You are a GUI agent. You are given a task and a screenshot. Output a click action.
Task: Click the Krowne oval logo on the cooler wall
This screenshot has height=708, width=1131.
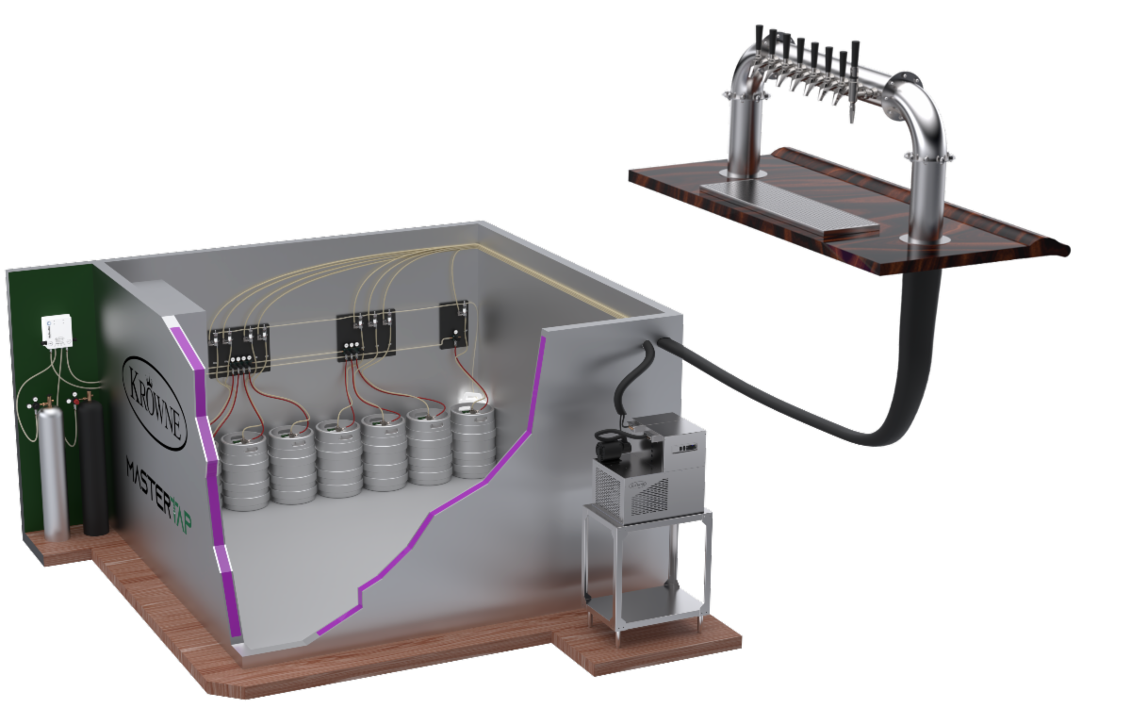[155, 403]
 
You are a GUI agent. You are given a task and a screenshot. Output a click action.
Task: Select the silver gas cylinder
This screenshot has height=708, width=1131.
[55, 471]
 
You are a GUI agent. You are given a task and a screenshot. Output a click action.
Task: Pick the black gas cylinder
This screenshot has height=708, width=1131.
[93, 469]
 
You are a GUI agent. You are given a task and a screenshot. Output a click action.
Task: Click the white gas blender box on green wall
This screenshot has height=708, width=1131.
[57, 331]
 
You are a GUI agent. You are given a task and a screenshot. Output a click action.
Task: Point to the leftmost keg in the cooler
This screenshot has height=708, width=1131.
[244, 470]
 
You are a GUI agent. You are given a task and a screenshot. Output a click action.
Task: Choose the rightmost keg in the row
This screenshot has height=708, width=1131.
[473, 440]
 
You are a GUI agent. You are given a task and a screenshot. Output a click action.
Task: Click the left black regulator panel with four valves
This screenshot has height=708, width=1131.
[238, 351]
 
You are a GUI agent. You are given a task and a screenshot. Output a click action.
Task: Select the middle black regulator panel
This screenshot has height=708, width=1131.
[366, 335]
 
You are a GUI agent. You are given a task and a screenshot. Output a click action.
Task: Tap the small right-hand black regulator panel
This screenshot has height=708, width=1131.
[453, 324]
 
